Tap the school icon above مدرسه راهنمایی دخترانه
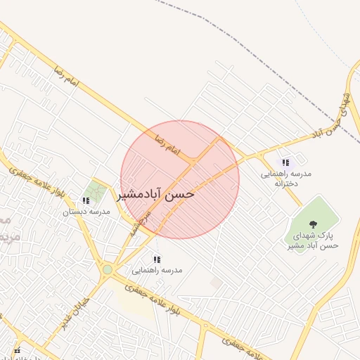[285, 162]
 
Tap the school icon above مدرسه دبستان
[86, 200]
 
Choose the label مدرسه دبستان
[86, 212]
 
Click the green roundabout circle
[107, 269]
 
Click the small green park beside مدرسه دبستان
[94, 190]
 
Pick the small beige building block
[216, 282]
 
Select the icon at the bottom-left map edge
[17, 349]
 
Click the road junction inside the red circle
[193, 163]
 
